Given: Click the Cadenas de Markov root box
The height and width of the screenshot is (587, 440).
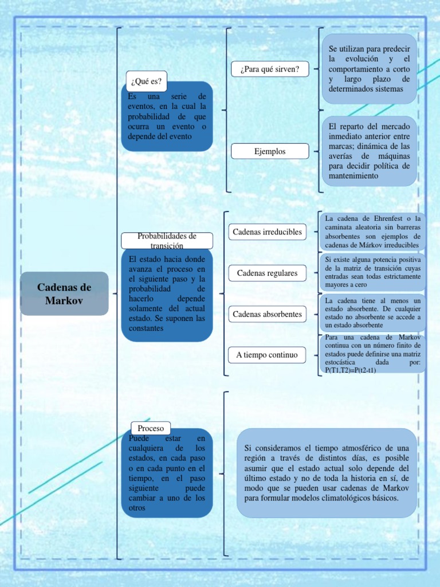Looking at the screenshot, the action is point(64,293).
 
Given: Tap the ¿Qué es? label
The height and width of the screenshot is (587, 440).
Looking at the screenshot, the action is point(146,81).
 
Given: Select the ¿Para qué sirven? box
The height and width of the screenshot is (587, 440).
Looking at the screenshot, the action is point(270,69).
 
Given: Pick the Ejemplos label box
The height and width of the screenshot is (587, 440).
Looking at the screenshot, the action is point(270,151).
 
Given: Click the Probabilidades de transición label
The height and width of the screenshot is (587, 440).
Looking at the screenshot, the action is point(167,241).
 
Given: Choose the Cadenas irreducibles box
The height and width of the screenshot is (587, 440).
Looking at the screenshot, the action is point(267,232).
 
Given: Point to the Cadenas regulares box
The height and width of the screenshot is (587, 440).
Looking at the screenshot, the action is point(267,273).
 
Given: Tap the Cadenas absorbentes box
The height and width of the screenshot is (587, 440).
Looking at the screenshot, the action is point(267,314).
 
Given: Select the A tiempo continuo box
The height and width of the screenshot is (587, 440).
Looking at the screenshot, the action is point(267,355).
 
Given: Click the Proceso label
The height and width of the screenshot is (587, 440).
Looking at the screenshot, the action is point(151,428).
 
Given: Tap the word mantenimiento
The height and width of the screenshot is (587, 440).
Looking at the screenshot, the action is point(353,176).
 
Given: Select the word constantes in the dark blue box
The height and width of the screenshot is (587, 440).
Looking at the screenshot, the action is point(147,328).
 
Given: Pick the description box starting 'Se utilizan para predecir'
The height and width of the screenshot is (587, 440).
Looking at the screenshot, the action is point(370,69).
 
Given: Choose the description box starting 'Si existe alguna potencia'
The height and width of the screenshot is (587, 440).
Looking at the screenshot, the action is point(372,272).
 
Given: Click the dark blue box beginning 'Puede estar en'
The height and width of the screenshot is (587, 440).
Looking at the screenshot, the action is point(167,473).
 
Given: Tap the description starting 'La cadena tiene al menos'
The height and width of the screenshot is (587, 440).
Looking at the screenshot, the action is point(372,313).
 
